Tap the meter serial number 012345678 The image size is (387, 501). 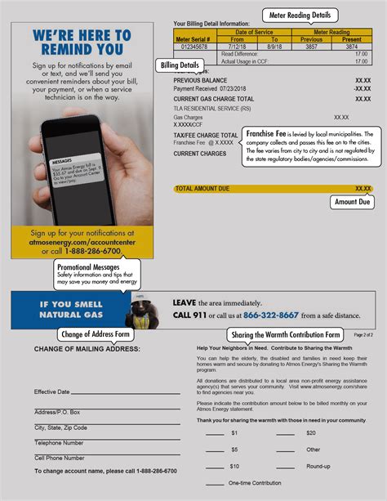pyautogui.click(x=192, y=47)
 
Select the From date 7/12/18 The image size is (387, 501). pyautogui.click(x=237, y=47)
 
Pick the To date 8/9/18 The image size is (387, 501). pyautogui.click(x=274, y=47)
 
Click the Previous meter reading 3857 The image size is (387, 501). pyautogui.click(x=312, y=47)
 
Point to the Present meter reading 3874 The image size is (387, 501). pyautogui.click(x=351, y=47)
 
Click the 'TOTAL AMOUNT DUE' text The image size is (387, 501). pyautogui.click(x=202, y=189)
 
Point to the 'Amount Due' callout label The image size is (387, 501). pyautogui.click(x=353, y=202)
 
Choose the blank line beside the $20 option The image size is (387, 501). pyautogui.click(x=285, y=433)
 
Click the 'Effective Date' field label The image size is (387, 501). pyautogui.click(x=51, y=392)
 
